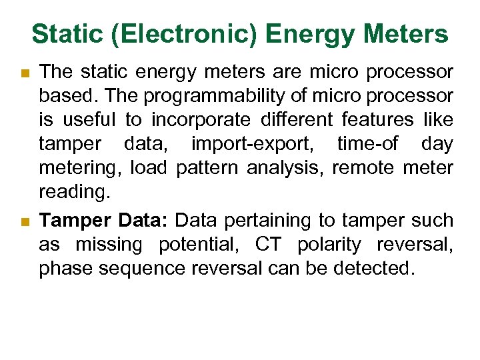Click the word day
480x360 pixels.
tap(437, 144)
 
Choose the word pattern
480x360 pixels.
tap(207, 168)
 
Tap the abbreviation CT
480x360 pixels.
tap(269, 245)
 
